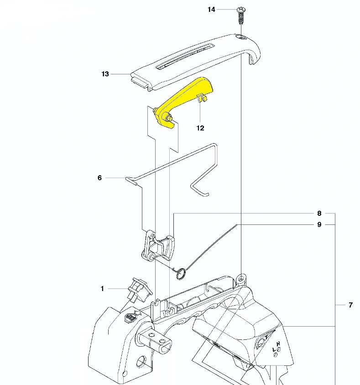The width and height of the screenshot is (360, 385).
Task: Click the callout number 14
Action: [211, 10]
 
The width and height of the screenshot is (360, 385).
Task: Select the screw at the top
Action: [241, 16]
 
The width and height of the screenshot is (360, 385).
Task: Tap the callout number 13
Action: [105, 74]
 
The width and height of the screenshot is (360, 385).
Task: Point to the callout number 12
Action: [200, 128]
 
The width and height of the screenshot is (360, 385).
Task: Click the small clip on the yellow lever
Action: [202, 98]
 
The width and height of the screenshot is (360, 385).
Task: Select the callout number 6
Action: [99, 178]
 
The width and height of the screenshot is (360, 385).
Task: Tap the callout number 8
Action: [319, 213]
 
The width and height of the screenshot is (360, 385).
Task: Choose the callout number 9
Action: [319, 225]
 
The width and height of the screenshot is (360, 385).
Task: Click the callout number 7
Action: [351, 305]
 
